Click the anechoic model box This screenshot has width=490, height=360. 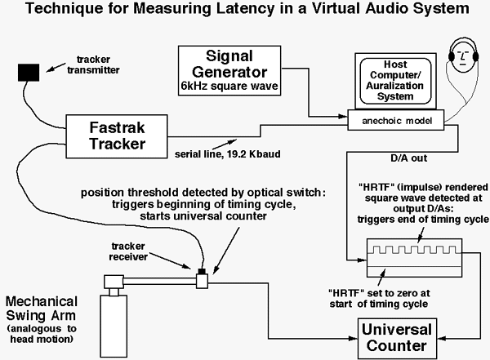coord(398,120)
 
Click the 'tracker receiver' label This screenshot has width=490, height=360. coord(140,251)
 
